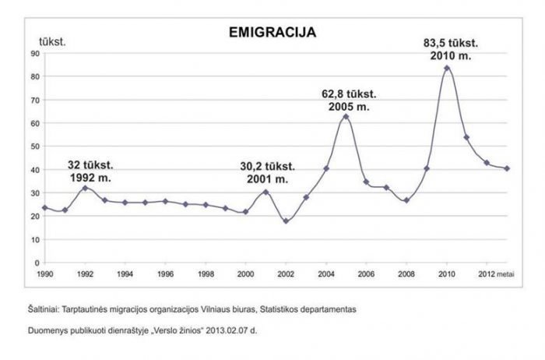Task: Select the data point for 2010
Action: [x=447, y=68]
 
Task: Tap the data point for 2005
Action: [x=346, y=117]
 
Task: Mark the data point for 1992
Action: [x=85, y=188]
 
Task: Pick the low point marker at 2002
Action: [x=286, y=221]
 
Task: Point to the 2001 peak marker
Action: [x=265, y=192]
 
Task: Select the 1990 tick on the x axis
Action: [x=45, y=274]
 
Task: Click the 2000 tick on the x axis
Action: [x=245, y=274]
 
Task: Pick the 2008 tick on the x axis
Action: [x=406, y=274]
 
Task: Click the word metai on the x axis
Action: [x=506, y=274]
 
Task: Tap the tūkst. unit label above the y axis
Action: [x=52, y=39]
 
